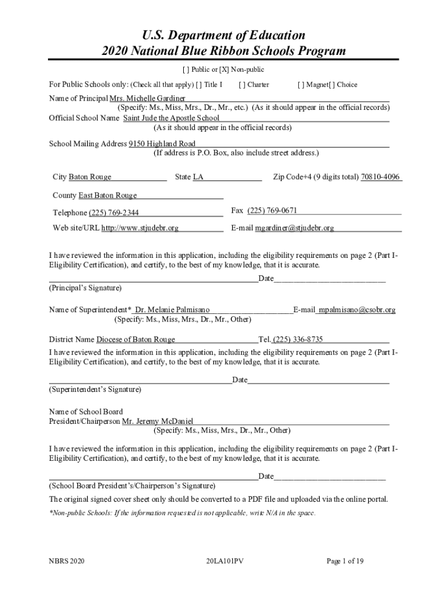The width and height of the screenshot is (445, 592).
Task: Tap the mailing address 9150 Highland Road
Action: click(162, 144)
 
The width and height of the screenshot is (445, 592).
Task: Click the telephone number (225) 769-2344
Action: click(114, 213)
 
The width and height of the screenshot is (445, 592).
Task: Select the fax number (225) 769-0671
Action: click(272, 210)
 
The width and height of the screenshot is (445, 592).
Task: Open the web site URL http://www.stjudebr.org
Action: click(140, 228)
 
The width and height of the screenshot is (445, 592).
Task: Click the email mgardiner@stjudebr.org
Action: click(295, 228)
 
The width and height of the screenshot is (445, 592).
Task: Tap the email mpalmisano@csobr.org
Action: click(357, 310)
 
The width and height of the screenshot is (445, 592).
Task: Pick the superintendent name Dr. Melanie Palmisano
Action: click(172, 310)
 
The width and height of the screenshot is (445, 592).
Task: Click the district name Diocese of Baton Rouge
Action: click(136, 339)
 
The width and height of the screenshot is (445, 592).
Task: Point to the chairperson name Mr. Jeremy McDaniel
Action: click(158, 421)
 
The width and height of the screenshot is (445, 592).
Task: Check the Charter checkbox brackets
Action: click(241, 84)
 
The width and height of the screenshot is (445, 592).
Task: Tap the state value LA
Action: click(198, 177)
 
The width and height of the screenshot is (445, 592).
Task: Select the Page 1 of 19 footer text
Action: click(345, 561)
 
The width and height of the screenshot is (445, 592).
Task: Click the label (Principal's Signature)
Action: click(85, 288)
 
